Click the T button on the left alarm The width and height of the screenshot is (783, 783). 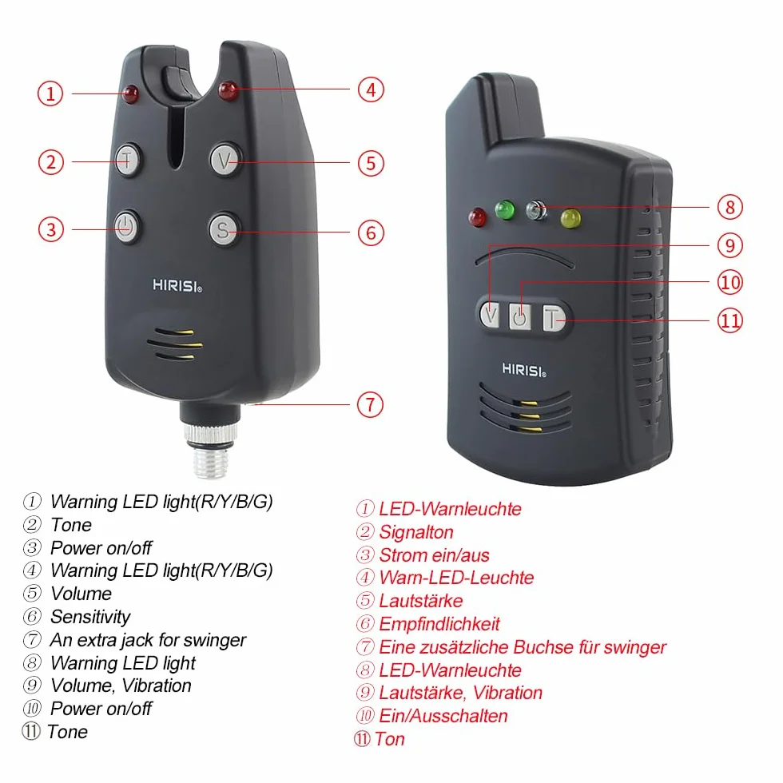tap(127, 161)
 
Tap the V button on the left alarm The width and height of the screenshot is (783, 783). tap(225, 161)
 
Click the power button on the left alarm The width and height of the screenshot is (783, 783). tap(126, 228)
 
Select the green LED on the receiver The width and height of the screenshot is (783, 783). tap(505, 209)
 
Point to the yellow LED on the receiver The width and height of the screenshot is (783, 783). tap(570, 218)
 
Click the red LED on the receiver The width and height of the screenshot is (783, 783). tap(478, 217)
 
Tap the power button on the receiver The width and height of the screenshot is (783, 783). tap(520, 316)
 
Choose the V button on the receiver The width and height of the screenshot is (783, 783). tap(491, 315)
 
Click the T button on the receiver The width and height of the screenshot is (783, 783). tap(553, 319)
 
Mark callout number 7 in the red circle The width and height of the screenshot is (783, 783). tap(370, 404)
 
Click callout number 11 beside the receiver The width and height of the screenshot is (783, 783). tap(730, 320)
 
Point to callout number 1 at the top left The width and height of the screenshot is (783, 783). tap(50, 93)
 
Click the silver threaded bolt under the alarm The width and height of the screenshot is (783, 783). tap(210, 451)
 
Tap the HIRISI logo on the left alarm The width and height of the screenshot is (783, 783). tap(177, 286)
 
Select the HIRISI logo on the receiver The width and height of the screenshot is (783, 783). tap(524, 370)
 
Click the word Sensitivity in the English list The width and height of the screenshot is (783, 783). tap(90, 617)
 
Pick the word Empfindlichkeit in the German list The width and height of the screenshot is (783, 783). tap(439, 624)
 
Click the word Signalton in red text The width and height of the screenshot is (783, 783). tap(416, 532)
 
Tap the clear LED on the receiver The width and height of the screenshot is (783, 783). tap(537, 210)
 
